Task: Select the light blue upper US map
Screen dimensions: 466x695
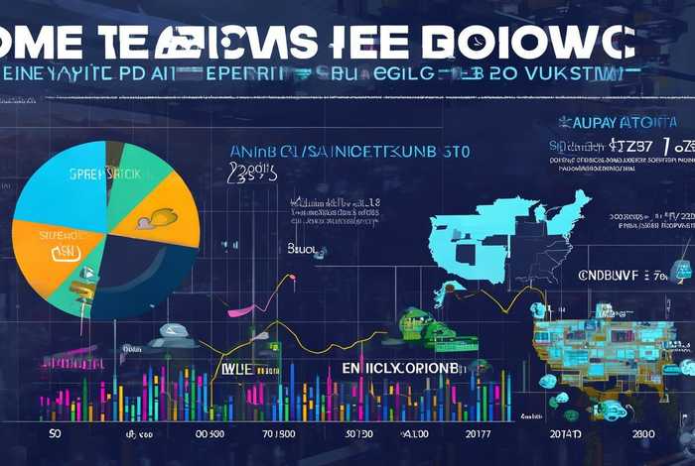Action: (x=506, y=233)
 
